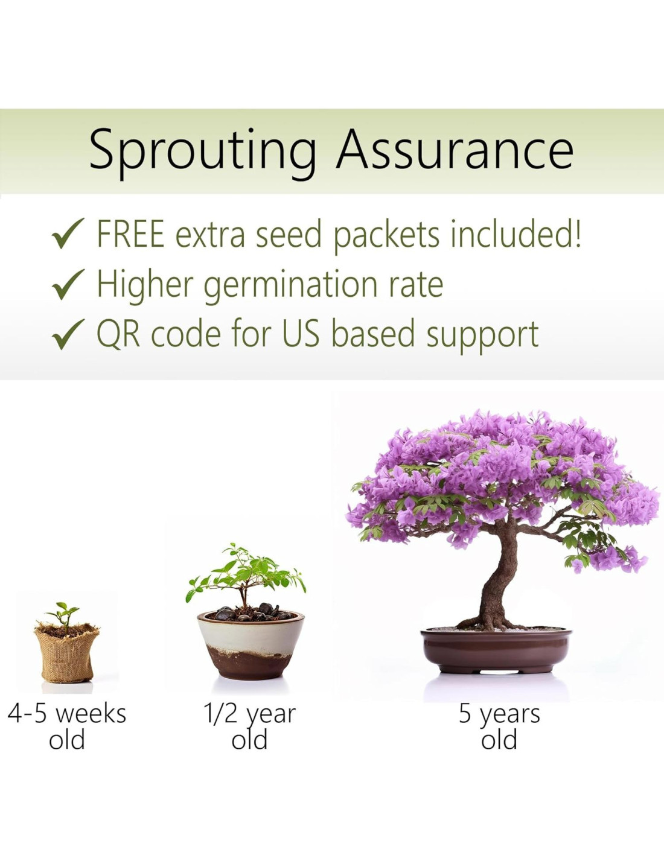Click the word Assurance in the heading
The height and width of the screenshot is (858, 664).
click(x=455, y=148)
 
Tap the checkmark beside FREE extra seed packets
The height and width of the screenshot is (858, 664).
click(x=68, y=234)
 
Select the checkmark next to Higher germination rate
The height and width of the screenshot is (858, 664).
click(x=68, y=284)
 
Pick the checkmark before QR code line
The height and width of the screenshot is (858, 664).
click(x=68, y=334)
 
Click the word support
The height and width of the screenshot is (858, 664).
click(x=482, y=337)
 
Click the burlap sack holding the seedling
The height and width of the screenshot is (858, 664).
click(x=66, y=653)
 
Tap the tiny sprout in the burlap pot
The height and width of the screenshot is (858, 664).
click(x=63, y=614)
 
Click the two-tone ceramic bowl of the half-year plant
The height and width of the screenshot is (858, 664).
click(x=251, y=646)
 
